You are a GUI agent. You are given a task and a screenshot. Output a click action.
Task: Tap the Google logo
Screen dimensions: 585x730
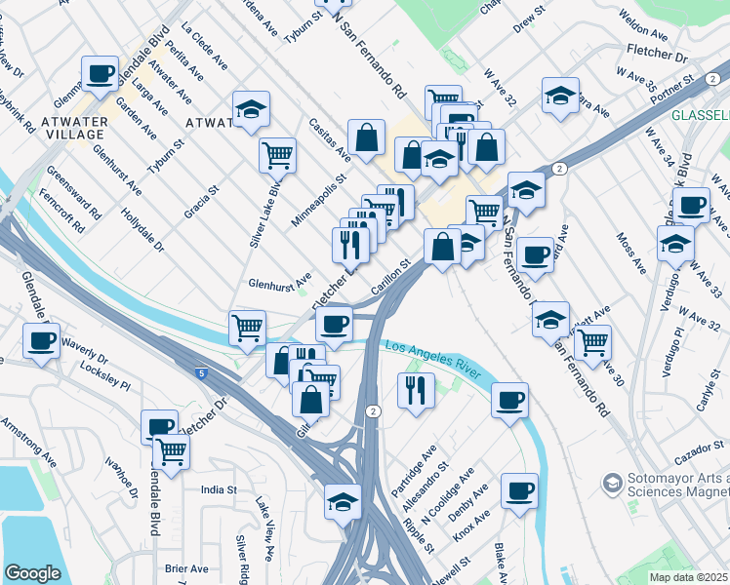pos(32,573)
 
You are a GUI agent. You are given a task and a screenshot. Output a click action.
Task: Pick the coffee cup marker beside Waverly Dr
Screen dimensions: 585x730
pos(42,341)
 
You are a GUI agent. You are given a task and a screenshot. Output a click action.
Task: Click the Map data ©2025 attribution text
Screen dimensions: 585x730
pos(688,577)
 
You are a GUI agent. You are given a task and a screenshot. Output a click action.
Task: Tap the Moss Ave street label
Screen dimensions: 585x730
pos(632,252)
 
